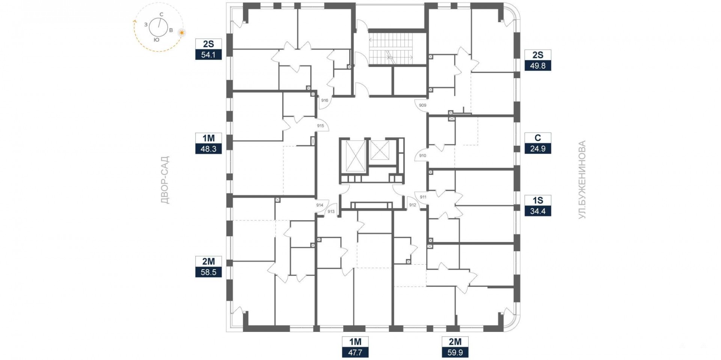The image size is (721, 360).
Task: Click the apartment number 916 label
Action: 325,100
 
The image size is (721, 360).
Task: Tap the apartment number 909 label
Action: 422,105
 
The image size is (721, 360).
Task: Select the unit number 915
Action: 320,126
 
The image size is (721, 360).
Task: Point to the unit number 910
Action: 422,155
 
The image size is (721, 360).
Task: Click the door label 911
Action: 423,197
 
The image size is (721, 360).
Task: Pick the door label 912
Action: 413,205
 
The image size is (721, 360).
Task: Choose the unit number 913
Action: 331,211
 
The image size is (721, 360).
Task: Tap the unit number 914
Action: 320,205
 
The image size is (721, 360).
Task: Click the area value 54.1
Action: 208,55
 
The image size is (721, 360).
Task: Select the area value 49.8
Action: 538,66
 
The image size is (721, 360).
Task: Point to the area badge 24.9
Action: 538,149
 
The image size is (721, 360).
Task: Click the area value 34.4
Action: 538,211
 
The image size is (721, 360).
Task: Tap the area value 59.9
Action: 455,352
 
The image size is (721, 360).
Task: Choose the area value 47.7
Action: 355,352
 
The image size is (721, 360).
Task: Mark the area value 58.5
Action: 208,272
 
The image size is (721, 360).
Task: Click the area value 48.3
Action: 208,149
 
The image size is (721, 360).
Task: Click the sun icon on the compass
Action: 182,33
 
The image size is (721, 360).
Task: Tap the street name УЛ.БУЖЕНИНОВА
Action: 582,180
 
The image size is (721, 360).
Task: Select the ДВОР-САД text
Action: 165,180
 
